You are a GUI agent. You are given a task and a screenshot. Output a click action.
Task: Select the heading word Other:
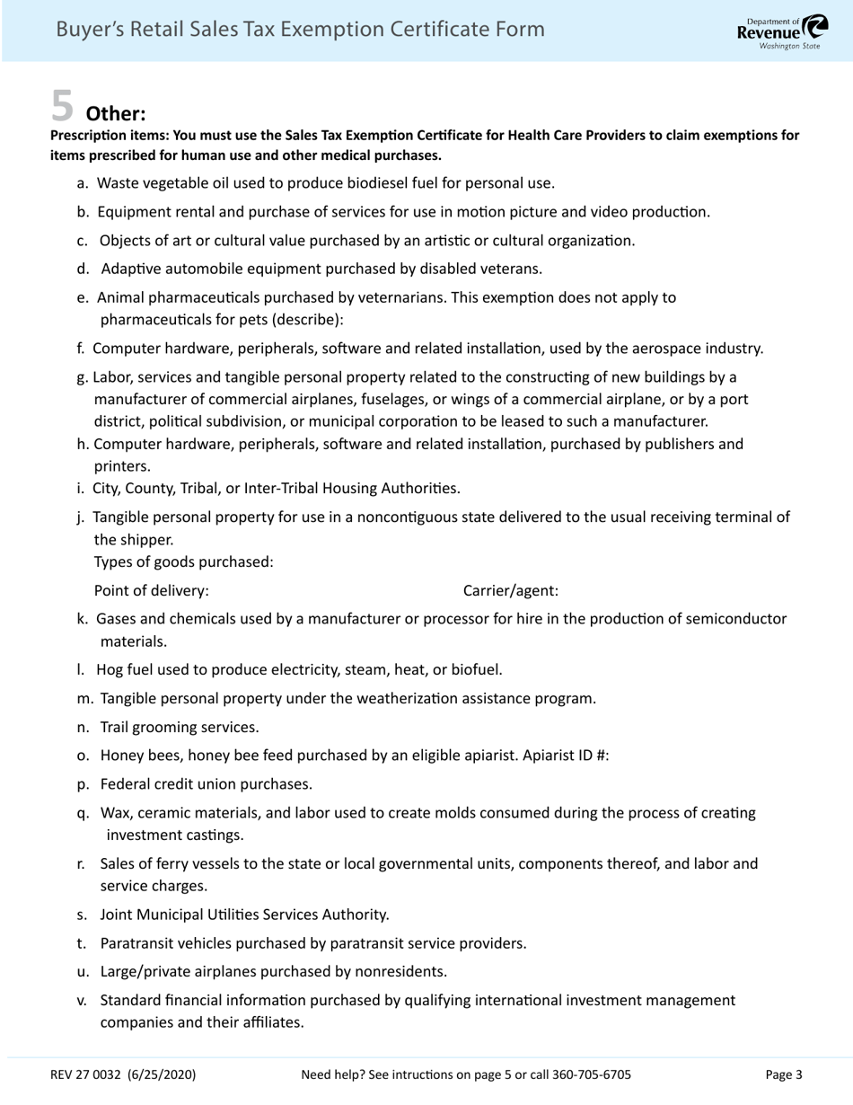(x=115, y=114)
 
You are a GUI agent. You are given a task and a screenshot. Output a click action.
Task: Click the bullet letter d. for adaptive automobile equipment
(x=84, y=269)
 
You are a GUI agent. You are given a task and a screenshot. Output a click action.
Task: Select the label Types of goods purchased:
(x=183, y=562)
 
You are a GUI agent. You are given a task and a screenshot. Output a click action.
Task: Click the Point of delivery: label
(x=151, y=591)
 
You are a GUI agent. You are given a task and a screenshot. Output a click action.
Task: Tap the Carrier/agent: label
(x=510, y=591)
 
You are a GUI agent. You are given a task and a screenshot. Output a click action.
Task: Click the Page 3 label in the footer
(x=783, y=1074)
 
